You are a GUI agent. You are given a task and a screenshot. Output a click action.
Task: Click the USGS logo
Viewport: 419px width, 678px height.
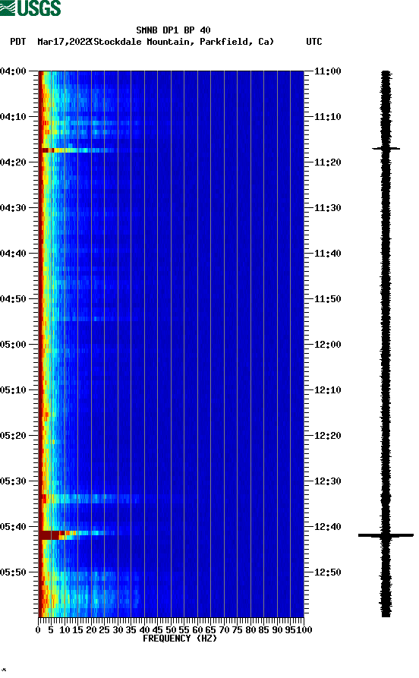pos(30,8)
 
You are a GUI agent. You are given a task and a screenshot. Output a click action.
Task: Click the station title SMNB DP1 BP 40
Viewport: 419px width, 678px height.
pos(173,30)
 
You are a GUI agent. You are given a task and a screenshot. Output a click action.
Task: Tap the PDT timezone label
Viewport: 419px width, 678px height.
pos(18,42)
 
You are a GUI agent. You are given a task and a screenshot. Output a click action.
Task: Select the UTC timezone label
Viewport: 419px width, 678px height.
pos(313,42)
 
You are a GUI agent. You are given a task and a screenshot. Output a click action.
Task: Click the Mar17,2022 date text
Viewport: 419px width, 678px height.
pos(63,42)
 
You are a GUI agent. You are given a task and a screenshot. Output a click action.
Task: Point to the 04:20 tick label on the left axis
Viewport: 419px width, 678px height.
pos(14,162)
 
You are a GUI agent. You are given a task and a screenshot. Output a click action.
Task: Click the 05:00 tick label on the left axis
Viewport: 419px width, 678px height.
pos(14,345)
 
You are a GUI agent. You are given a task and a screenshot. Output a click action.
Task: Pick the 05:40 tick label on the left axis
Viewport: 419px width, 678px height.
pos(14,527)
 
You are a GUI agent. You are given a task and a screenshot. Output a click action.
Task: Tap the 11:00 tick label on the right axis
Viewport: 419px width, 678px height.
pos(328,71)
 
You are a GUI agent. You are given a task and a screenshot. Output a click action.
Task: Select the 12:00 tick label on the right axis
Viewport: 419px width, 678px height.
pos(328,345)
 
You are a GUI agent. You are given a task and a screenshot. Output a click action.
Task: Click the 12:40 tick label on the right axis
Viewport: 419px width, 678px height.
pos(328,527)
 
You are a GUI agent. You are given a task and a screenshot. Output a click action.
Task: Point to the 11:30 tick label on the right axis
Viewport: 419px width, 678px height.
pos(328,208)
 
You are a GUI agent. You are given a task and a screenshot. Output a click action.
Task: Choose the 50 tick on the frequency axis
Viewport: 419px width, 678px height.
pos(171,629)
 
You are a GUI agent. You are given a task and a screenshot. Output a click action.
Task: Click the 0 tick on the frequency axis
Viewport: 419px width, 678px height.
pos(39,629)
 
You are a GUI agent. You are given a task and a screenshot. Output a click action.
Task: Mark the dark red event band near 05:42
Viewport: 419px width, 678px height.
pos(51,535)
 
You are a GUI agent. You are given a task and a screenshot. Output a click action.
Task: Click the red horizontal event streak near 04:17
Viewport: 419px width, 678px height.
pos(47,150)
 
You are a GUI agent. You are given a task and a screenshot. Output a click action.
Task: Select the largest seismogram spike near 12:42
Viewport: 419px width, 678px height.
pos(386,535)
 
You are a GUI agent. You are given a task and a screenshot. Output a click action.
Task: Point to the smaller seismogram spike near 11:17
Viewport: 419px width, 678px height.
pos(386,149)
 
